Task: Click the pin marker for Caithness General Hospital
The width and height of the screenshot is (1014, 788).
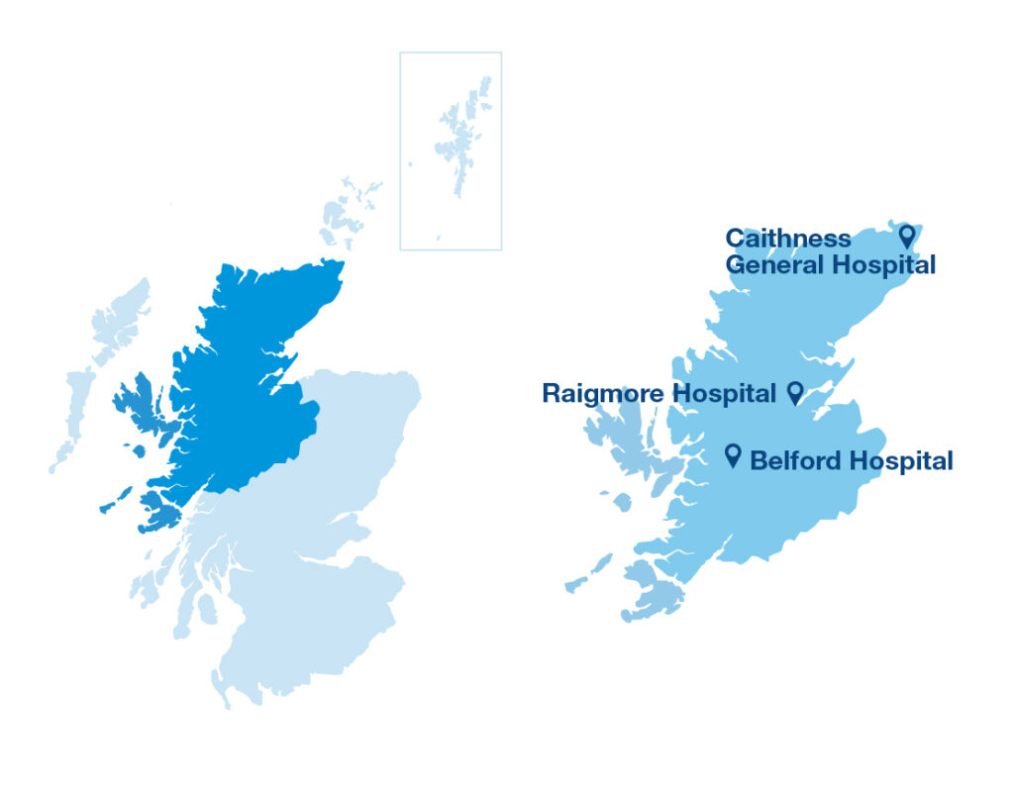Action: pyautogui.click(x=906, y=235)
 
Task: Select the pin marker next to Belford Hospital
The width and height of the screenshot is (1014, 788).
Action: pyautogui.click(x=733, y=454)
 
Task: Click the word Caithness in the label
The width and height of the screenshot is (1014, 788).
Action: pyautogui.click(x=787, y=239)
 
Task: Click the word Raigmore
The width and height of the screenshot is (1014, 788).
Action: pyautogui.click(x=603, y=394)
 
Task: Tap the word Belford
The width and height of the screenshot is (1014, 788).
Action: pyautogui.click(x=793, y=461)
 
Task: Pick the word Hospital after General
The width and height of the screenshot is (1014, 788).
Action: pyautogui.click(x=882, y=265)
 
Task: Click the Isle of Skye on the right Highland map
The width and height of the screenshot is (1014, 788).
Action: pyautogui.click(x=619, y=442)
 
